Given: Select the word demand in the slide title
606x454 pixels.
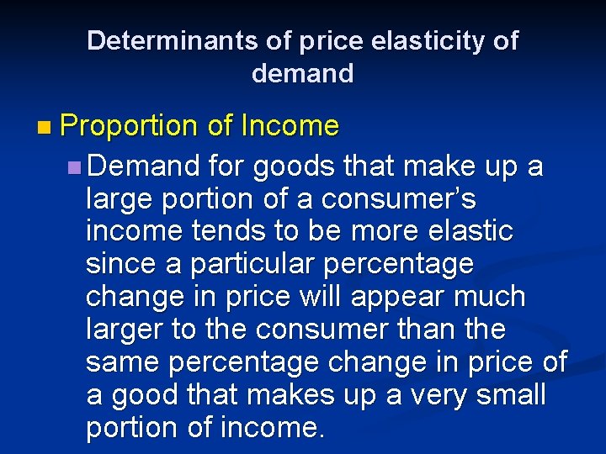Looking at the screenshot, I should point(302,73).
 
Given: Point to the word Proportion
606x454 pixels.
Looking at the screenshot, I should point(128,127).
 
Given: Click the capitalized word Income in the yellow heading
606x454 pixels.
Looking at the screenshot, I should point(290,127).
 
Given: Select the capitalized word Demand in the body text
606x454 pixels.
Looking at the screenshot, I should point(142,166).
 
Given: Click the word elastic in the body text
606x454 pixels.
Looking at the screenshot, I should point(470,231).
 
